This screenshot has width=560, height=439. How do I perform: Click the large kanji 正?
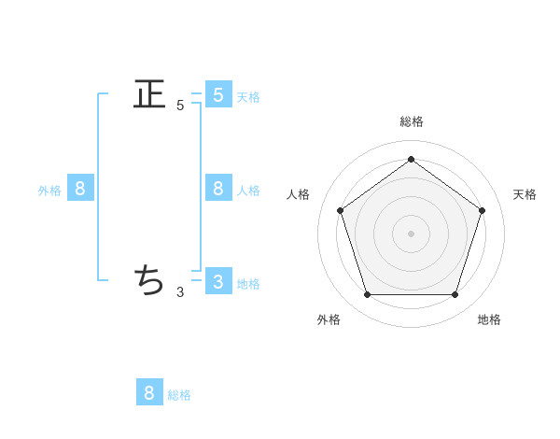click(x=149, y=94)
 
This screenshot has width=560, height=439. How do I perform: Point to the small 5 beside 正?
click(x=180, y=106)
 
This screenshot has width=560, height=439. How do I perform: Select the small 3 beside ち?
click(x=180, y=292)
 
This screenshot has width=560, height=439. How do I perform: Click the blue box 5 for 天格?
click(x=217, y=94)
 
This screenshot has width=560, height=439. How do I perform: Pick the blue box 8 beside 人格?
click(x=217, y=188)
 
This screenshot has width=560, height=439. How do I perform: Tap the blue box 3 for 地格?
click(x=217, y=281)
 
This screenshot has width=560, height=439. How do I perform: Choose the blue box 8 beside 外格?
click(x=79, y=188)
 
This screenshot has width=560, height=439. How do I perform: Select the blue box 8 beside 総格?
click(x=149, y=392)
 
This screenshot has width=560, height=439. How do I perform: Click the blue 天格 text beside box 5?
click(x=248, y=97)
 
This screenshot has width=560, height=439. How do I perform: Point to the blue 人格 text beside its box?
click(x=248, y=191)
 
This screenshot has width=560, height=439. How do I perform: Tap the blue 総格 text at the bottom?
click(x=179, y=395)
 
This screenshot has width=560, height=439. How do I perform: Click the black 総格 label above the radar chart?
click(x=411, y=121)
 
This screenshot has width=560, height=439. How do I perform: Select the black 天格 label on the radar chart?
click(x=525, y=194)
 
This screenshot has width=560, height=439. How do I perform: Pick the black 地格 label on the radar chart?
click(x=489, y=319)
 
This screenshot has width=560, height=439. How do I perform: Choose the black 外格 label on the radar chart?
click(x=329, y=319)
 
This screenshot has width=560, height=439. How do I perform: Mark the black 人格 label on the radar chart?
click(x=299, y=194)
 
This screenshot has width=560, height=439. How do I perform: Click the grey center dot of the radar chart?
click(x=411, y=233)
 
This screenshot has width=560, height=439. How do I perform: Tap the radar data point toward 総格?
click(x=411, y=159)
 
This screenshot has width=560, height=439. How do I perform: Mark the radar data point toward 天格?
click(x=482, y=210)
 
